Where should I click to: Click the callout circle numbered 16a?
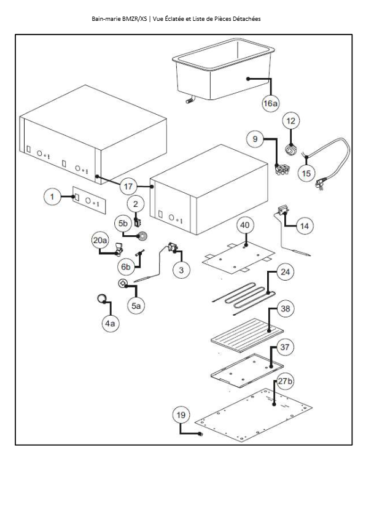[x=270, y=104]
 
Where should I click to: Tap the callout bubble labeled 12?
[x=291, y=121]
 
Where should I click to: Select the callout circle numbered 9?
[x=255, y=139]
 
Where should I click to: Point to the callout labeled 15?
[x=306, y=173]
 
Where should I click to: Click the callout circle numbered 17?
[x=128, y=187]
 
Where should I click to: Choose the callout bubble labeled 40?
[x=244, y=225]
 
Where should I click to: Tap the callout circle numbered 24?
[x=285, y=272]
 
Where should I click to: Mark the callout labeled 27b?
[x=285, y=381]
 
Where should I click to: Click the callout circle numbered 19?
[x=181, y=415]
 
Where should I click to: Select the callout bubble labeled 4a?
[x=111, y=324]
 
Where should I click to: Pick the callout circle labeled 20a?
[x=100, y=240]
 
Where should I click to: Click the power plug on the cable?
[x=319, y=184]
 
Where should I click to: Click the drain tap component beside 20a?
[x=119, y=249]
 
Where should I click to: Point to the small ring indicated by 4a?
[x=101, y=298]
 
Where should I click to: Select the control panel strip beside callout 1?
[x=89, y=200]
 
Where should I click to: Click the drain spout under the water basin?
[x=190, y=100]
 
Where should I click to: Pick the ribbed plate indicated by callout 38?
[x=247, y=335]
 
